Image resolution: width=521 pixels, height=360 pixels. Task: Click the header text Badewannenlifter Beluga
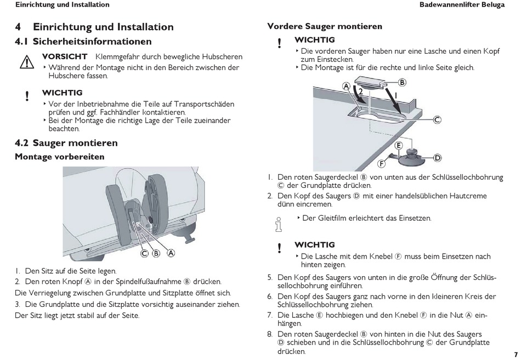point(469,5)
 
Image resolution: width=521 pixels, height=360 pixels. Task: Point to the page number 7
point(516,354)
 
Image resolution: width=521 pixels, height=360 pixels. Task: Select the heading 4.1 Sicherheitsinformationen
point(83,41)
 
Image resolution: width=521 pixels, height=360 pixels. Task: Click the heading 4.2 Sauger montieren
point(66,143)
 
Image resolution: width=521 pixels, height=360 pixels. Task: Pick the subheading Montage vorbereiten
point(59,157)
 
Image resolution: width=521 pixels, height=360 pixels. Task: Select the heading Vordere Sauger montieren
point(324,26)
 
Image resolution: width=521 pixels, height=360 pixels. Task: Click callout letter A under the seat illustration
point(171,253)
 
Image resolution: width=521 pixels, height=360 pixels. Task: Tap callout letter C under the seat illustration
point(144,253)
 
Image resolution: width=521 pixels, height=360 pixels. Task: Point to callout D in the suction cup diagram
point(438,158)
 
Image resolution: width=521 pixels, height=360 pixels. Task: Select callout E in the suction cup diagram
point(399,145)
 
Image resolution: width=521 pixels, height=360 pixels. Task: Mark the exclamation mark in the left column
point(27,96)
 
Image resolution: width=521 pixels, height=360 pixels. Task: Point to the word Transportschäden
point(203,103)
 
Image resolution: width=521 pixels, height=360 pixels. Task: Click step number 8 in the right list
point(270,334)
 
